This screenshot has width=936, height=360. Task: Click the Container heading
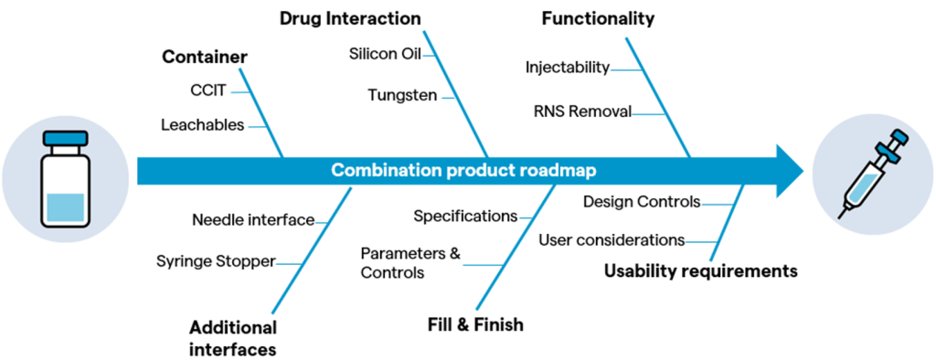point(205,58)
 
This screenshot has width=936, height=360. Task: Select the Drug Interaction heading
point(350,18)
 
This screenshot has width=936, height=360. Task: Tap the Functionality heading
point(598,19)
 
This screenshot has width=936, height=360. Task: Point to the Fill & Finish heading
point(475,324)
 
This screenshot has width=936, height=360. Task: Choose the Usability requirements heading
point(701,271)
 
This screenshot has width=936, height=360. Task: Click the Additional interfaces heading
point(233,338)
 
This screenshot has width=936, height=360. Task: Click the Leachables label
point(202,125)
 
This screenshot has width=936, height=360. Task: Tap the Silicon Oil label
point(386,54)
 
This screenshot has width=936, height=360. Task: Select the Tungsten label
point(402,96)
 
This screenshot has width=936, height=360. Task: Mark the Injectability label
point(568,68)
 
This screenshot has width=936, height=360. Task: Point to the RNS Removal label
point(582,111)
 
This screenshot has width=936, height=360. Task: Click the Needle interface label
point(253,220)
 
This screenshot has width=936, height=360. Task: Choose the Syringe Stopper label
point(216,261)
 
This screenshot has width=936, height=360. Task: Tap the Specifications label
point(465,217)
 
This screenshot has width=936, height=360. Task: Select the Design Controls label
point(642,203)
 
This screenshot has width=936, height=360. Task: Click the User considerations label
point(612,240)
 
